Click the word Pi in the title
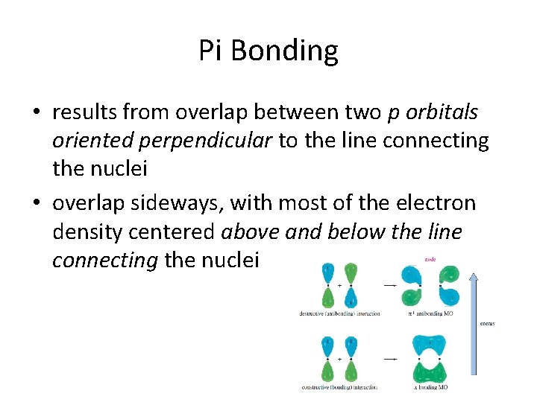[212, 51]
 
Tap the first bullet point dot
[37, 113]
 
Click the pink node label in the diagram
[430, 261]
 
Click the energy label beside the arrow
[487, 323]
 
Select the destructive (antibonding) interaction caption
[339, 313]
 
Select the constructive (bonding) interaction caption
[339, 387]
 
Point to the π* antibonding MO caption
[430, 313]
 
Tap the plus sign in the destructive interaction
[339, 285]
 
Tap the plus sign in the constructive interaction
[339, 359]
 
